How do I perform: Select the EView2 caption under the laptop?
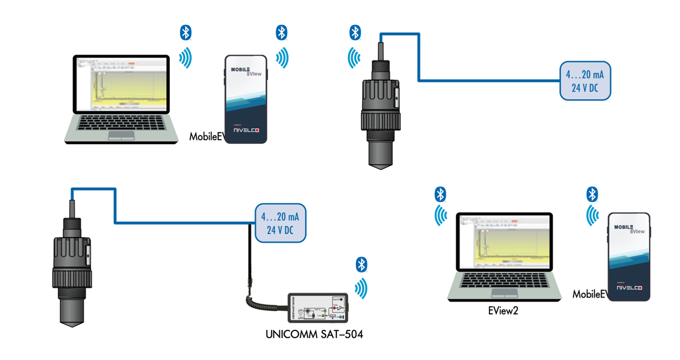click(503, 311)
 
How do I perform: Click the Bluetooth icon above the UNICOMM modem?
click(361, 265)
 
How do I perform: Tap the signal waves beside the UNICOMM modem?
click(360, 289)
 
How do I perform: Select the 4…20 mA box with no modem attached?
click(585, 81)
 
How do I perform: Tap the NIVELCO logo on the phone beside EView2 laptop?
click(629, 288)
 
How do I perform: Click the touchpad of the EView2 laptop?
click(504, 293)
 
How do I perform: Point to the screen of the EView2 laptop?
click(504, 242)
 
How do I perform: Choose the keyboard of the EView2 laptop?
click(504, 279)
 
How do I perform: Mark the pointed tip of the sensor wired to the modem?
click(72, 322)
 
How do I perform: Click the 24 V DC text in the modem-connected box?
click(281, 230)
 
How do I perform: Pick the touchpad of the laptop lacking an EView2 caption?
click(121, 135)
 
